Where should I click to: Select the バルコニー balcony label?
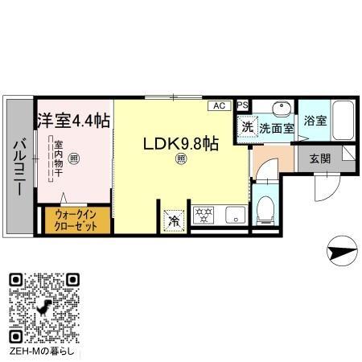click(x=17, y=167)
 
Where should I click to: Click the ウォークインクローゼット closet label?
click(x=76, y=220)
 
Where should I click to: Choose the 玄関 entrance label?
click(x=319, y=158)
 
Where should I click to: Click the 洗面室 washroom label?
click(x=276, y=128)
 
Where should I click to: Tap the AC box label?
click(x=219, y=105)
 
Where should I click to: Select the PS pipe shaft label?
click(x=242, y=105)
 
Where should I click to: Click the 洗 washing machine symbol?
click(x=248, y=126)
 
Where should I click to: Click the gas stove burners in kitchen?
click(x=204, y=215)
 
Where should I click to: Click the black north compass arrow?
click(x=340, y=254)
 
